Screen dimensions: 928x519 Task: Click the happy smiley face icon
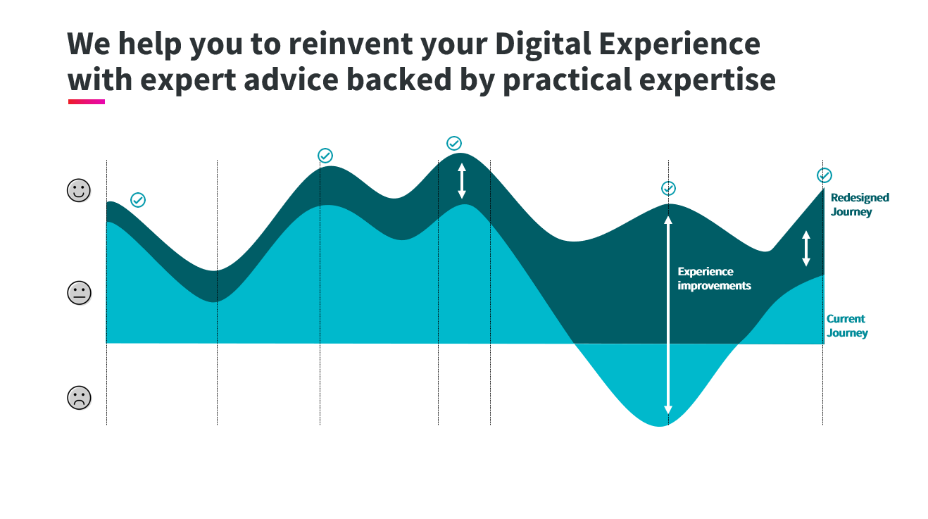tap(79, 191)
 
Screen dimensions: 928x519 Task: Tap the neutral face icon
tap(79, 293)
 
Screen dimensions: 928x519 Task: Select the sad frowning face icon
tap(79, 398)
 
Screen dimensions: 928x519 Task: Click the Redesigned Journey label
tap(860, 205)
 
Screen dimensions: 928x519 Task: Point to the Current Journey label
tap(847, 325)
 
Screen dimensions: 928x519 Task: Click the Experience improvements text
tap(714, 278)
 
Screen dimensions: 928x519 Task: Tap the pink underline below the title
tap(87, 101)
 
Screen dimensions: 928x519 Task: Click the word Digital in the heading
tap(543, 44)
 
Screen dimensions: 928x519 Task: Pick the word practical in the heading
tap(568, 80)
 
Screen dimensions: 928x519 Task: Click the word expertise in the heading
tap(707, 81)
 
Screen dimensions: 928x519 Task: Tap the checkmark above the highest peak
tap(454, 144)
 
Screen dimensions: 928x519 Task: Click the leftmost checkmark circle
tap(138, 200)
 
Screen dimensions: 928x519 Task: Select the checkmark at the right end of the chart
tap(824, 175)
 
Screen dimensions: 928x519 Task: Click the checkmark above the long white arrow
tap(668, 189)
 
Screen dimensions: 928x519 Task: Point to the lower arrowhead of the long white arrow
tap(668, 410)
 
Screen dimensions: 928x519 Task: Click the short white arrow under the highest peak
tap(462, 180)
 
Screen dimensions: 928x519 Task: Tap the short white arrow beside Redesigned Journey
tap(805, 248)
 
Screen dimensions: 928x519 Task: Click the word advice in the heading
tap(291, 80)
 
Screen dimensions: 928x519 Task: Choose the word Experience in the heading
tap(679, 44)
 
